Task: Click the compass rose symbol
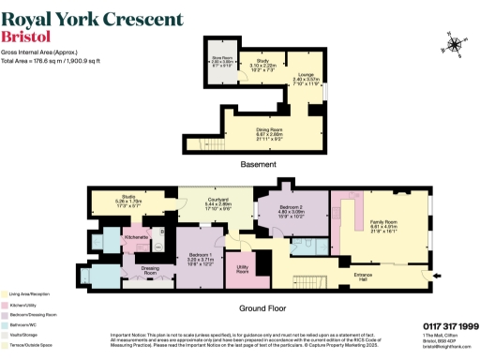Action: click(455, 43)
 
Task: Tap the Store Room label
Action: click(221, 61)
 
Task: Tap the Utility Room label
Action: click(242, 268)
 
